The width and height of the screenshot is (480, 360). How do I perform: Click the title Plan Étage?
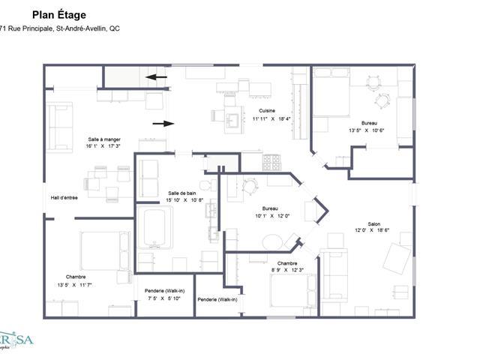tap(58, 14)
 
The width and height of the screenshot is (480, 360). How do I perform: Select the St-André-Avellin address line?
tap(60, 28)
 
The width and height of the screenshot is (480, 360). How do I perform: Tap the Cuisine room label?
tap(267, 110)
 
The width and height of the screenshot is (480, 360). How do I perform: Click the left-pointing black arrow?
tap(157, 76)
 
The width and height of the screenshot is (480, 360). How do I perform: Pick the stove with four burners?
tap(271, 162)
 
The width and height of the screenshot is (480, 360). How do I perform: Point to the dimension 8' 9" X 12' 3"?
tap(286, 271)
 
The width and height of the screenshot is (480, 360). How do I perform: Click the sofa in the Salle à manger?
tap(60, 117)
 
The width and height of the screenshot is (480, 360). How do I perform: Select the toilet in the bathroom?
tap(205, 184)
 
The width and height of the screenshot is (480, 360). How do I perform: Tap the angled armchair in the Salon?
tap(396, 259)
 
